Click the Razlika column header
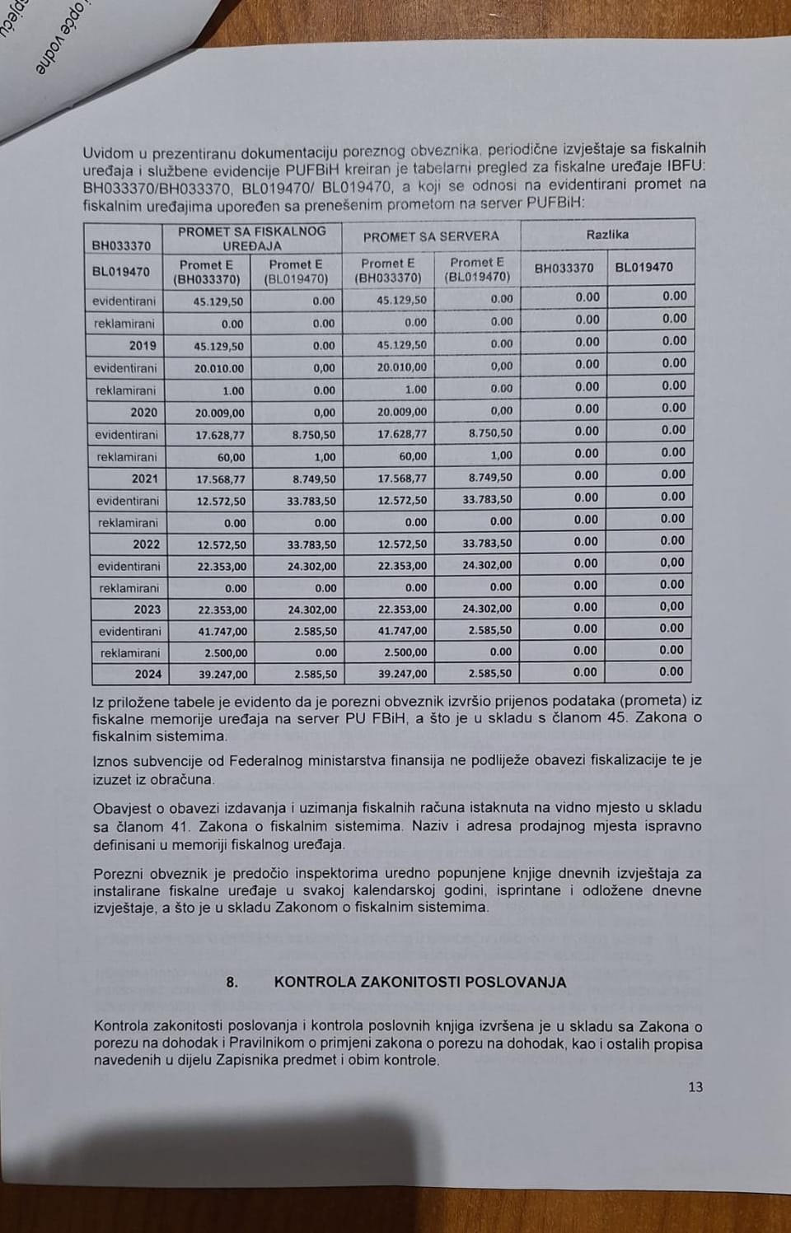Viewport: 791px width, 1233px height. point(607,235)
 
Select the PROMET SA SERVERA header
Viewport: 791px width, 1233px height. point(431,236)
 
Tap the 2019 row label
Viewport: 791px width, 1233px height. point(143,346)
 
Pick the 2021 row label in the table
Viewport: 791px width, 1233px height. point(145,479)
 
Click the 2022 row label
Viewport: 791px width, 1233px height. point(146,544)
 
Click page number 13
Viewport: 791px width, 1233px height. point(695,1087)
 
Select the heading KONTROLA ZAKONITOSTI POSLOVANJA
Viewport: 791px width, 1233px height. point(420,983)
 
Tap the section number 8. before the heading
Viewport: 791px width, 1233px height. point(232,983)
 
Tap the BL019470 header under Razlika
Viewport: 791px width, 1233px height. point(644,268)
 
